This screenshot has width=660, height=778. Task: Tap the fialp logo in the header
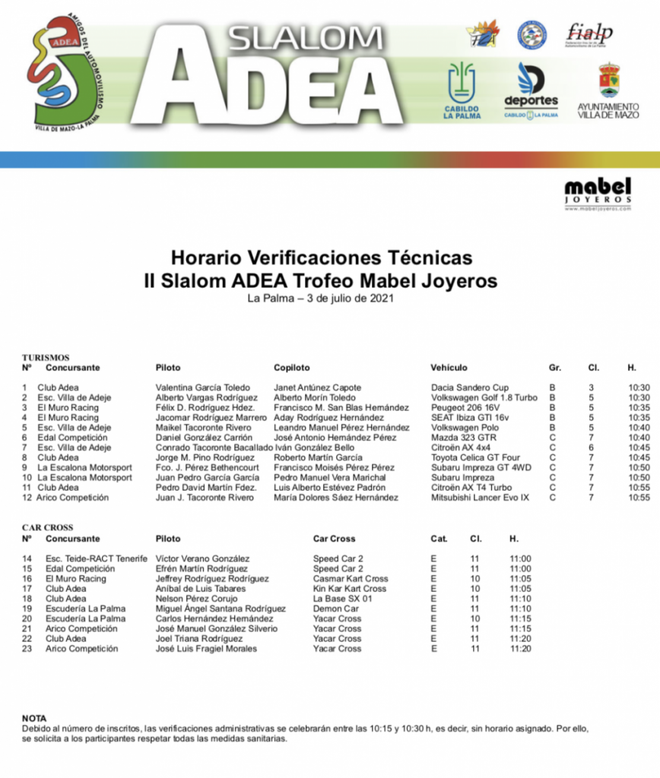[589, 33]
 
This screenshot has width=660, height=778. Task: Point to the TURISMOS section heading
[46, 357]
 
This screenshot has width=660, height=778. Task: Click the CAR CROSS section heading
[47, 528]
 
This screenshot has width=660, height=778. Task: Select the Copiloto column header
[292, 368]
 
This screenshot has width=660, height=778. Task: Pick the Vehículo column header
[449, 368]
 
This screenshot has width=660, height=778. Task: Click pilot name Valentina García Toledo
[203, 387]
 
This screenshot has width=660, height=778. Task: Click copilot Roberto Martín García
[318, 457]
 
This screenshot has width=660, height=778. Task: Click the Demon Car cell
[335, 609]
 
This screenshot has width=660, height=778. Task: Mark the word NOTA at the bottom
[34, 718]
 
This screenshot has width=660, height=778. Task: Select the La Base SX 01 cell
[338, 599]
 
